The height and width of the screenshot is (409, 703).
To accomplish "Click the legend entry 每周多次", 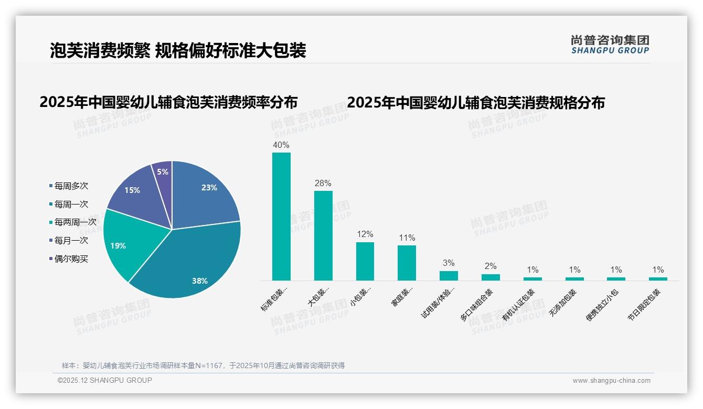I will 71,186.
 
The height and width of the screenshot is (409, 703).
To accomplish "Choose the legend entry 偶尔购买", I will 71,259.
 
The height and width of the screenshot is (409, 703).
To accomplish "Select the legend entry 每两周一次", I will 75,222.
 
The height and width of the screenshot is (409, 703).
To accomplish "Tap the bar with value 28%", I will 323,235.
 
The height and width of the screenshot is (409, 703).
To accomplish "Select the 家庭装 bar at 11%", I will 407,263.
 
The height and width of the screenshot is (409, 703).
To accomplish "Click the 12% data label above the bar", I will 365,234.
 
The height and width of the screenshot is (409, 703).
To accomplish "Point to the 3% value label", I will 449,263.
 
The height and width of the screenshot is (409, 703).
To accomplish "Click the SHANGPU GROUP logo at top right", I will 610,45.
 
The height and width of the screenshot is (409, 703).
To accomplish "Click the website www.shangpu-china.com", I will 611,381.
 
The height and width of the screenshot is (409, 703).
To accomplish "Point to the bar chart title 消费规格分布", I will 475,102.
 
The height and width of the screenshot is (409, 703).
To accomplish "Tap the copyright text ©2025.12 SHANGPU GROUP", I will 105,381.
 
